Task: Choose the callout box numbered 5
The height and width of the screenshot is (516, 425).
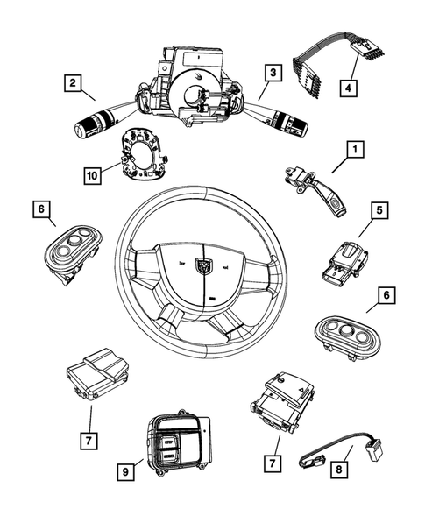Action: (378, 235)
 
